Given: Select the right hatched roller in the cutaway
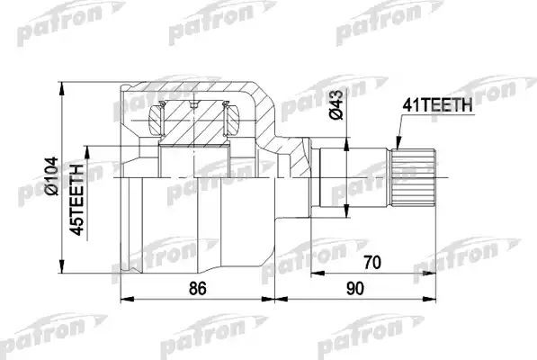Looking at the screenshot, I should click(x=229, y=114).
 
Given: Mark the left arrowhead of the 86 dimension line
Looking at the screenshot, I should click(x=123, y=301).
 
